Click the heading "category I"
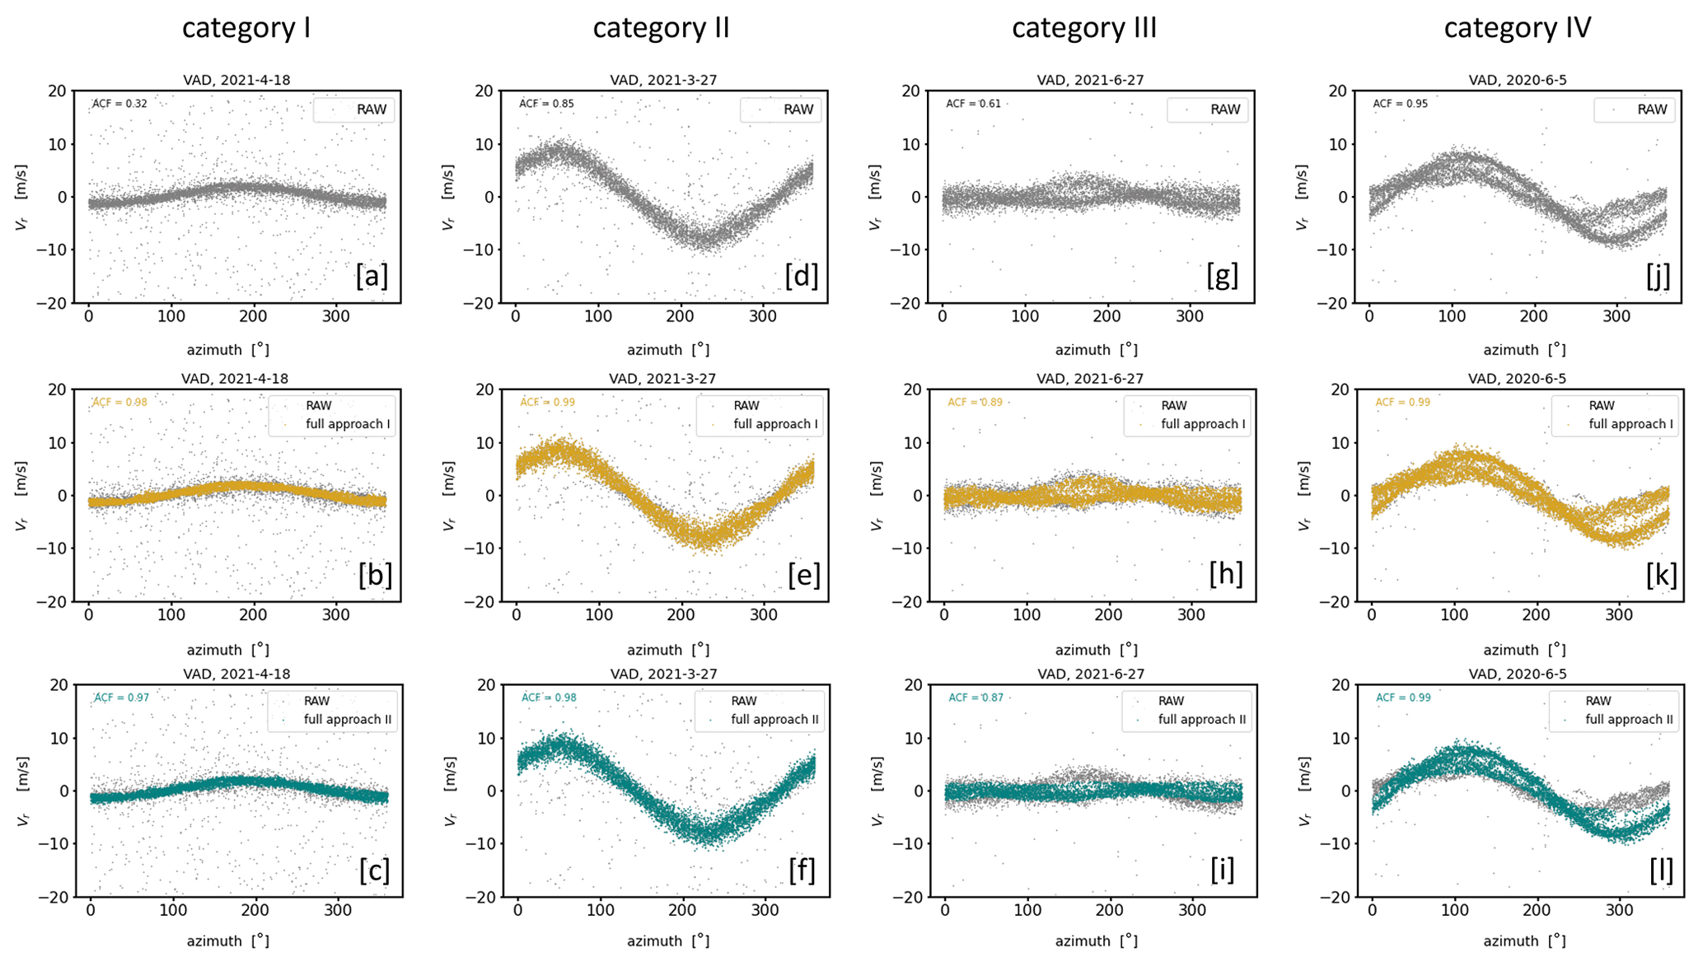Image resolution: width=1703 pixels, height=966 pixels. click(x=246, y=28)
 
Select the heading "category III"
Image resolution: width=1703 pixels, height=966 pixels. click(x=1083, y=28)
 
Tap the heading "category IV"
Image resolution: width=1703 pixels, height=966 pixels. click(x=1517, y=28)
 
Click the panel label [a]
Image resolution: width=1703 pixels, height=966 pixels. click(x=372, y=276)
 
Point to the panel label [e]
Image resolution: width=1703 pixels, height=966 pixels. click(x=803, y=575)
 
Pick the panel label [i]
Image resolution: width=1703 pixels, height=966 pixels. click(x=1222, y=870)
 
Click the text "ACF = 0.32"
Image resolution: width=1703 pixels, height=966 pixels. click(x=119, y=104)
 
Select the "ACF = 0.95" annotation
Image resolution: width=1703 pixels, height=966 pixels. click(x=1400, y=104)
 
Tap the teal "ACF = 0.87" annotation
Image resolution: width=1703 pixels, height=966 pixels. click(x=975, y=698)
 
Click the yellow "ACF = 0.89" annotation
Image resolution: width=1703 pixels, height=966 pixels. click(x=975, y=403)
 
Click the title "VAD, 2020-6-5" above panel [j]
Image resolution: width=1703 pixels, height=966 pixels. click(x=1517, y=80)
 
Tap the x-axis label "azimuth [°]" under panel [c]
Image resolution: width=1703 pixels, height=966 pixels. click(x=227, y=940)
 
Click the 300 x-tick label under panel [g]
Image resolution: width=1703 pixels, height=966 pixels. click(x=1189, y=316)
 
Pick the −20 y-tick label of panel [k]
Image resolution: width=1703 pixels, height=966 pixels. click(x=1339, y=602)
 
